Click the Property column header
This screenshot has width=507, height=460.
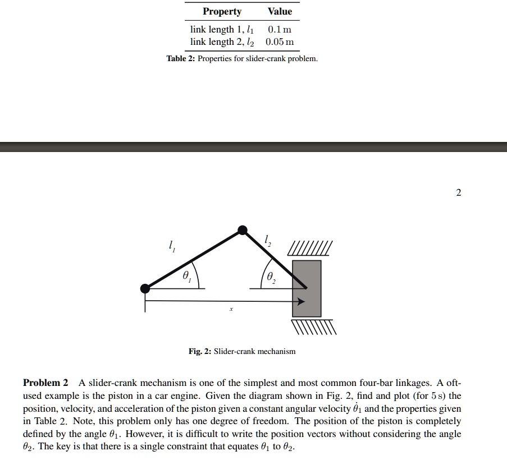(222, 12)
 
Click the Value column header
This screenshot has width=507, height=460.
(280, 12)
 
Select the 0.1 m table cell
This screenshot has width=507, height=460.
(280, 29)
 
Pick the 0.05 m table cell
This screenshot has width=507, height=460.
(280, 42)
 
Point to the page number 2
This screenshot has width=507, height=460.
(458, 193)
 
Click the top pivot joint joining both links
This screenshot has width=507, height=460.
(242, 229)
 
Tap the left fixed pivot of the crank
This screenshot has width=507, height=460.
(145, 288)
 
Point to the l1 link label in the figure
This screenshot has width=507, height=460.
(171, 245)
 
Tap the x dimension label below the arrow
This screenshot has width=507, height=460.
(231, 309)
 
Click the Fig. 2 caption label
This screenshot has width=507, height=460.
(199, 352)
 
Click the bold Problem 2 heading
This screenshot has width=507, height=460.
(45, 383)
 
